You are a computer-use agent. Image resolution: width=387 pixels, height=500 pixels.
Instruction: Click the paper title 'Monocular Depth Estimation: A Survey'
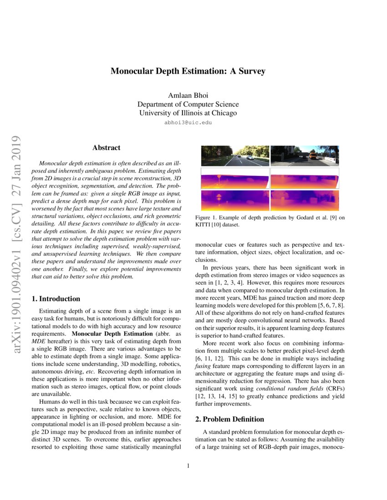click(x=188, y=71)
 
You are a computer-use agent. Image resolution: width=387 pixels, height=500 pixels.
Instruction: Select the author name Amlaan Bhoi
click(x=188, y=96)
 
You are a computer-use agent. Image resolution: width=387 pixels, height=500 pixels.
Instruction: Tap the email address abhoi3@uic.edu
click(x=188, y=123)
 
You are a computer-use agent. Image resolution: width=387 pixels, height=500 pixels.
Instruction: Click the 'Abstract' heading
click(x=106, y=148)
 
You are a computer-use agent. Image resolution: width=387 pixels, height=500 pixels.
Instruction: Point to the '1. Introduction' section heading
click(x=56, y=299)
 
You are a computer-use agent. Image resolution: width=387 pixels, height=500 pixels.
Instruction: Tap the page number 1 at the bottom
click(x=188, y=465)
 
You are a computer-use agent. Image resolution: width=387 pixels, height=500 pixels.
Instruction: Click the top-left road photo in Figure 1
click(x=235, y=156)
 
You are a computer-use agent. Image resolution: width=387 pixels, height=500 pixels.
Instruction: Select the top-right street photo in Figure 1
click(x=305, y=156)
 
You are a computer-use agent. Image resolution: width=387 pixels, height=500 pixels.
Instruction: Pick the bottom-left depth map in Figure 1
click(x=235, y=200)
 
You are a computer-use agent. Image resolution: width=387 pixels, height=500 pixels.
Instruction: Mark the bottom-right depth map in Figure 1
click(x=305, y=200)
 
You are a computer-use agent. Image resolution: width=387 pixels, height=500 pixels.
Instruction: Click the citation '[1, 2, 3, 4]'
click(x=229, y=282)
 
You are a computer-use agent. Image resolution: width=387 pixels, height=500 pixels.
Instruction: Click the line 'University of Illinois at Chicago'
click(x=188, y=113)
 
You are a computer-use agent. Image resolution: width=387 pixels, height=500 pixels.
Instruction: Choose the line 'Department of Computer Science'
click(x=188, y=105)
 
